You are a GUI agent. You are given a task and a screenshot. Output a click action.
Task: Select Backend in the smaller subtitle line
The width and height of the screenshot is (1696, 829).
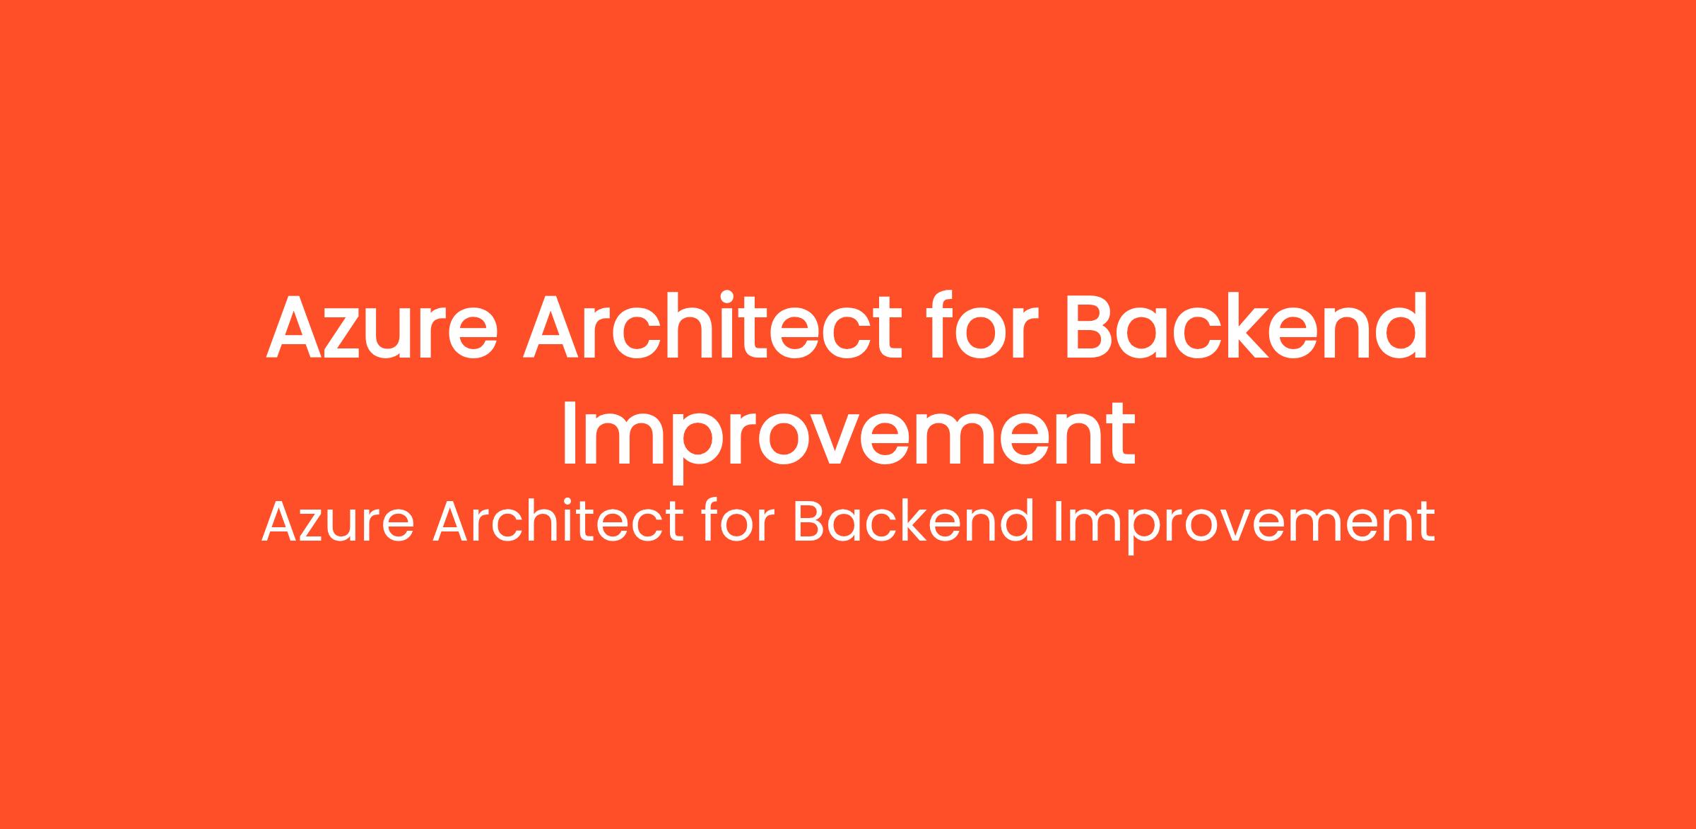tap(914, 521)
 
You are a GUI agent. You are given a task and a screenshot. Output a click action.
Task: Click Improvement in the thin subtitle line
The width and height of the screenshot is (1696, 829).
tap(1244, 526)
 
